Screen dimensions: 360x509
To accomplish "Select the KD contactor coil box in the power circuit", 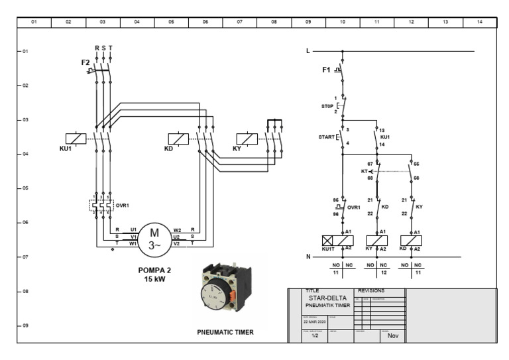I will coord(178,139).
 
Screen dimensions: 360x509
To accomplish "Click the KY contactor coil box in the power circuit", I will coord(247,139).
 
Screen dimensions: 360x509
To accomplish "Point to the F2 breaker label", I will coord(85,62).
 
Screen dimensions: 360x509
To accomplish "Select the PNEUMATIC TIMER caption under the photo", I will coord(225,332).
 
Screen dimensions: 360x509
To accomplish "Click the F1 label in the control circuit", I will coord(326,70).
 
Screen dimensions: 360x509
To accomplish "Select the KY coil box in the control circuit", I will coord(377,241).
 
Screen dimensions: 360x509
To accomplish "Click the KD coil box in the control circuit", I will coord(412,241).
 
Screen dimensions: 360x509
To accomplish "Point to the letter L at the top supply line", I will coord(308,51).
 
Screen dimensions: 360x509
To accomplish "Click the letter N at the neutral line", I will coord(308,257).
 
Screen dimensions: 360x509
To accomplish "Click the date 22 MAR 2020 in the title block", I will coord(314,322).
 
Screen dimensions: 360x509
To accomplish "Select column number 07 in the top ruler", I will coord(240,22).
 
